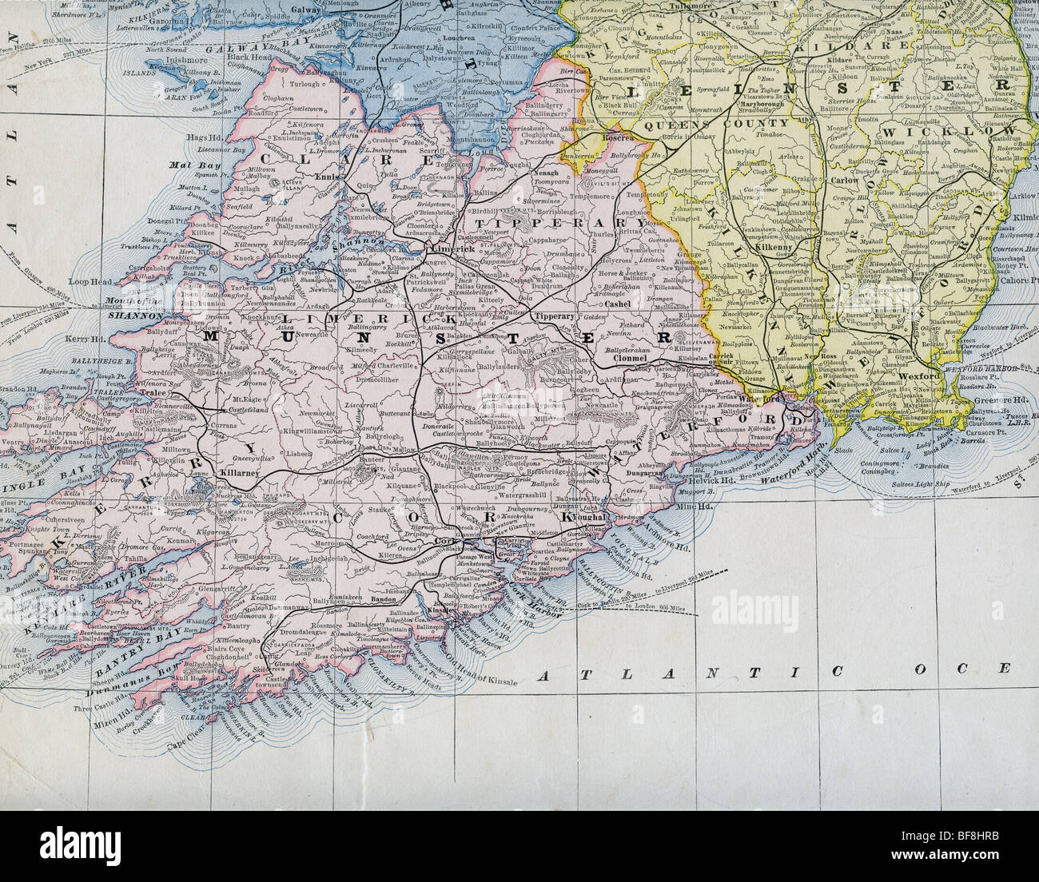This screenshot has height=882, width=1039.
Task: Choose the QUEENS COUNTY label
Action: tap(694, 124)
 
